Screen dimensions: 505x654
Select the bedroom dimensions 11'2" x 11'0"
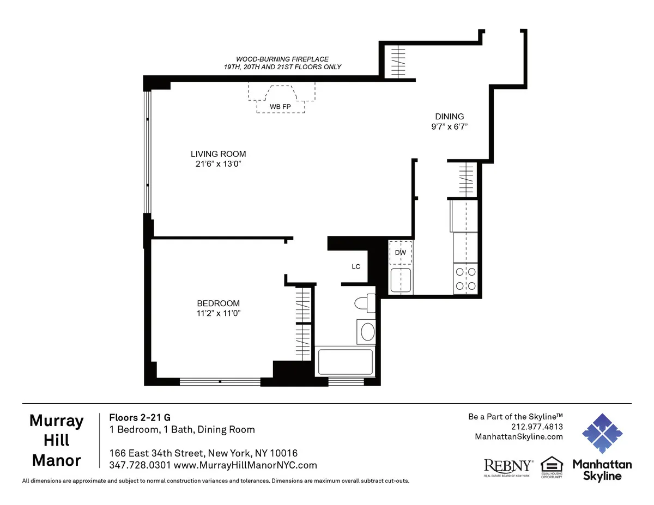point(218,313)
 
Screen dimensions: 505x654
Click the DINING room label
point(449,116)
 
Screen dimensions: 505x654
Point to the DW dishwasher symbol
point(401,252)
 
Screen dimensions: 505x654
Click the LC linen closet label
point(356,266)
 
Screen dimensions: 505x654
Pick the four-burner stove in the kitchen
point(465,278)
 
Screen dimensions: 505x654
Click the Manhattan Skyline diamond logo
point(602,433)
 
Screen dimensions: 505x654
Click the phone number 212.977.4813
point(537,427)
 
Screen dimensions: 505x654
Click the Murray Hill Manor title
point(57,440)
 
